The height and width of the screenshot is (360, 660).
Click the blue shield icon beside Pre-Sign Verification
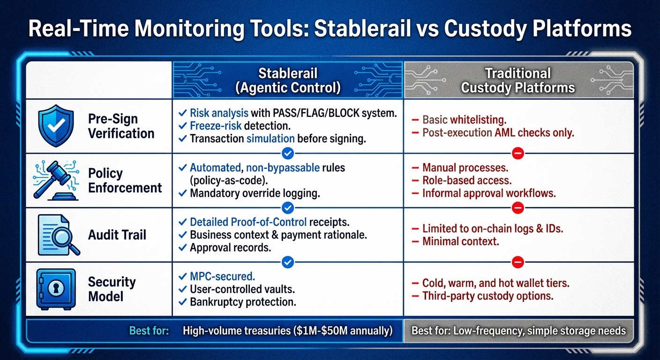[x=55, y=126]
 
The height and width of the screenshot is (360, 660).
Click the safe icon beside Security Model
[x=55, y=289]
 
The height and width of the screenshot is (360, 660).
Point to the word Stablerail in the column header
[x=288, y=74]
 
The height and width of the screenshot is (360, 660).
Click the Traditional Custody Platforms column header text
[x=518, y=80]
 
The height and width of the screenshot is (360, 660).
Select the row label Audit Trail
[x=117, y=235]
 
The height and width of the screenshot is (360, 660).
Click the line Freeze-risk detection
[x=240, y=126]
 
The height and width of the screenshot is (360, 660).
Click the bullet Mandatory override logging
[x=255, y=193]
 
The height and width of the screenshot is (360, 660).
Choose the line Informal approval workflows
[x=488, y=193]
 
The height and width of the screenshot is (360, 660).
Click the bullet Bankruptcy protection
[x=242, y=302]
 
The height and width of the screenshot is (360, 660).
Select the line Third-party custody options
[x=487, y=296]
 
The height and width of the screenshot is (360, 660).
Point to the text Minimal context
[x=460, y=242]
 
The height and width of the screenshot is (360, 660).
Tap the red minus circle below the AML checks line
[x=518, y=153]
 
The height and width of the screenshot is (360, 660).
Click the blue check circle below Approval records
[x=288, y=262]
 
